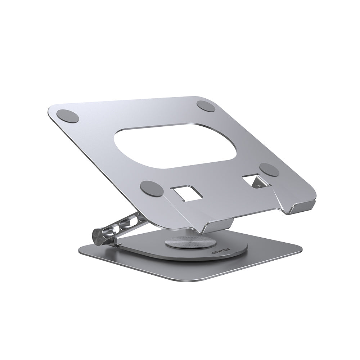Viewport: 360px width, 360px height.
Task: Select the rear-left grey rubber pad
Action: [x=67, y=116]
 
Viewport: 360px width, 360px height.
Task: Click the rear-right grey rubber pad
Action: [x=206, y=106]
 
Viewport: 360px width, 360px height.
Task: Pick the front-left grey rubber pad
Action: [x=152, y=188]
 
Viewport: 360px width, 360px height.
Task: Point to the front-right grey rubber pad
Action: [x=269, y=170]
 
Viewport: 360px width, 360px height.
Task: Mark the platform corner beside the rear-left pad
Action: [x=50, y=110]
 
